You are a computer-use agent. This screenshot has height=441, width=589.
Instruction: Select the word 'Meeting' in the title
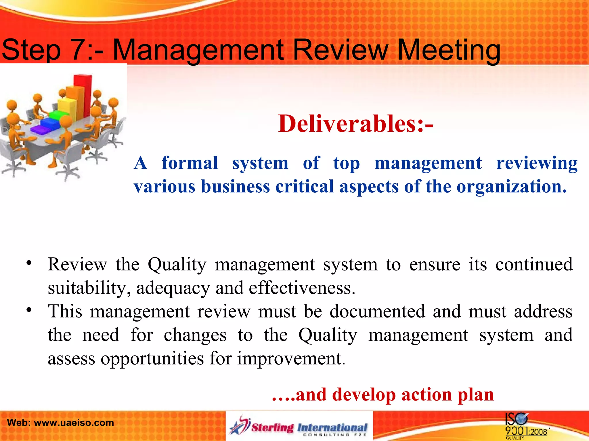click(449, 51)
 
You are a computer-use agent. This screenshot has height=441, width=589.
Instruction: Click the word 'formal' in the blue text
click(190, 163)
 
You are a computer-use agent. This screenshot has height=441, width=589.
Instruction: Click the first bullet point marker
click(28, 264)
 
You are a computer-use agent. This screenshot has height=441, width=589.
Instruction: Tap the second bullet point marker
click(28, 310)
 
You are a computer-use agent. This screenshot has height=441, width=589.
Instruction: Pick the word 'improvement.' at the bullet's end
click(291, 359)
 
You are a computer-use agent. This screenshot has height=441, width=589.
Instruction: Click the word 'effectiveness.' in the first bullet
click(302, 288)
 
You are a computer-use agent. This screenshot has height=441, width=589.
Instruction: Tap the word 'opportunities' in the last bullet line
click(152, 359)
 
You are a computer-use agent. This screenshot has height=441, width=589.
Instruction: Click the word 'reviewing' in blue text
click(537, 163)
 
